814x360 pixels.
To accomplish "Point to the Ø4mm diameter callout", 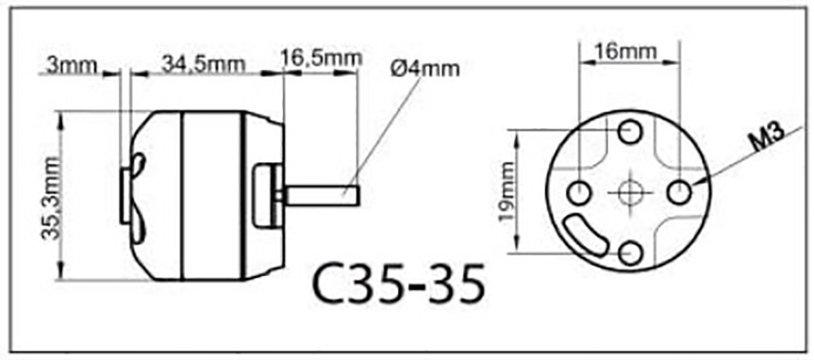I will pyautogui.click(x=425, y=68).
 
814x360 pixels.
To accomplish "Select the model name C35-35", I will pyautogui.click(x=398, y=281).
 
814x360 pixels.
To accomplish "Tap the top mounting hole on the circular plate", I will pyautogui.click(x=628, y=131).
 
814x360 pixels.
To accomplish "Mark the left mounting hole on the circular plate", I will pyautogui.click(x=578, y=193).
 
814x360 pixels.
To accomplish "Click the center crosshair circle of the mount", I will pyautogui.click(x=628, y=192).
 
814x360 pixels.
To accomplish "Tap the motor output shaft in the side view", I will pyautogui.click(x=322, y=196).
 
